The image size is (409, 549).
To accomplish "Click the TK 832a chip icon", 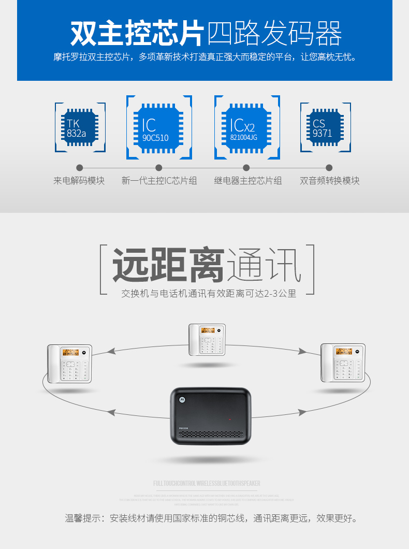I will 80,127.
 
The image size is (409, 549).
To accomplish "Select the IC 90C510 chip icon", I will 159,127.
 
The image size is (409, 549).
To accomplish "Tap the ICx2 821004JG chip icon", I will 247,127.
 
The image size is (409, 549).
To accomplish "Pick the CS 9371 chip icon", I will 326,127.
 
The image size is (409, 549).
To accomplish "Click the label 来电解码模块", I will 79,181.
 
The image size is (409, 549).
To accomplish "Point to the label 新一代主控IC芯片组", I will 159,181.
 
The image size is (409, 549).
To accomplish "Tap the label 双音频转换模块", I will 329,181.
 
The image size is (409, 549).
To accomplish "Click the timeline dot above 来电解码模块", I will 80,168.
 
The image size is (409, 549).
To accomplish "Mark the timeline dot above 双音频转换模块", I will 329,168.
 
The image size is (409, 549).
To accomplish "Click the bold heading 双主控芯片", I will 137,33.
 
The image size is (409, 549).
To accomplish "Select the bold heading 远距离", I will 168,265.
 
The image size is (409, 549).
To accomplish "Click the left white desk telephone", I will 69,364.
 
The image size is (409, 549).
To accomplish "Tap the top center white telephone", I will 207,340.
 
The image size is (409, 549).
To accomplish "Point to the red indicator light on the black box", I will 230,419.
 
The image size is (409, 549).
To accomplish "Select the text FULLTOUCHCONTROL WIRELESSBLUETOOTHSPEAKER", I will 207,484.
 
